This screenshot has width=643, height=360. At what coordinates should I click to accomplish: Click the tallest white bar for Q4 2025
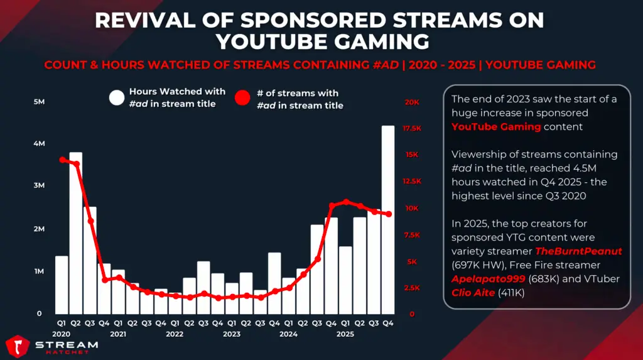pyautogui.click(x=388, y=220)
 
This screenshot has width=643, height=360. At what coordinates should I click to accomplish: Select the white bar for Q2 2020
pyautogui.click(x=76, y=232)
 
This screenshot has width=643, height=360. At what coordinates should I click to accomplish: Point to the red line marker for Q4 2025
pyautogui.click(x=388, y=214)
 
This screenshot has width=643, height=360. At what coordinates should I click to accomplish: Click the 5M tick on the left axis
pyautogui.click(x=38, y=102)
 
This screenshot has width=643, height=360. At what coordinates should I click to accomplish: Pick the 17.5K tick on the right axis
pyautogui.click(x=412, y=128)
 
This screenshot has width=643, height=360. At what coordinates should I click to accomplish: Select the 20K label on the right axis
pyautogui.click(x=412, y=102)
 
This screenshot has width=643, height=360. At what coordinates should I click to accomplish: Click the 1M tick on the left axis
pyautogui.click(x=38, y=271)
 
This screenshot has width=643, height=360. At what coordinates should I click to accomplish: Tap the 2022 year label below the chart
pyautogui.click(x=175, y=334)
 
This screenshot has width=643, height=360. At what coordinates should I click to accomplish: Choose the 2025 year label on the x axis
pyautogui.click(x=345, y=334)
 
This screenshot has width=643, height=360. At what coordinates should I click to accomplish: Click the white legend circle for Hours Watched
pyautogui.click(x=117, y=97)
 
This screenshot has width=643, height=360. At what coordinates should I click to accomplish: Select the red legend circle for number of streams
pyautogui.click(x=244, y=99)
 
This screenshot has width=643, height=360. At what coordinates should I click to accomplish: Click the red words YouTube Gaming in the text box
pyautogui.click(x=496, y=127)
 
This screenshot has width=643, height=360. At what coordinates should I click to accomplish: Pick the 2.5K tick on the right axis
pyautogui.click(x=412, y=288)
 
